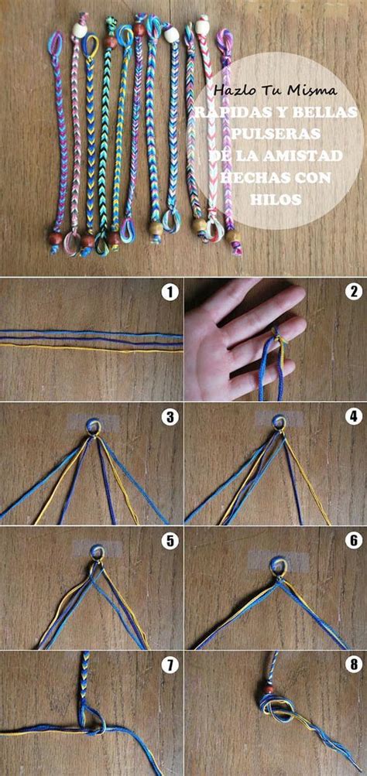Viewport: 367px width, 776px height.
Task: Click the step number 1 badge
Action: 170,292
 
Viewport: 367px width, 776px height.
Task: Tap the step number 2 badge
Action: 353,292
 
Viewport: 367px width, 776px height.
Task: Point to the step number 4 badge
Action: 353,416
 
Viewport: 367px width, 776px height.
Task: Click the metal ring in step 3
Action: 92,427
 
